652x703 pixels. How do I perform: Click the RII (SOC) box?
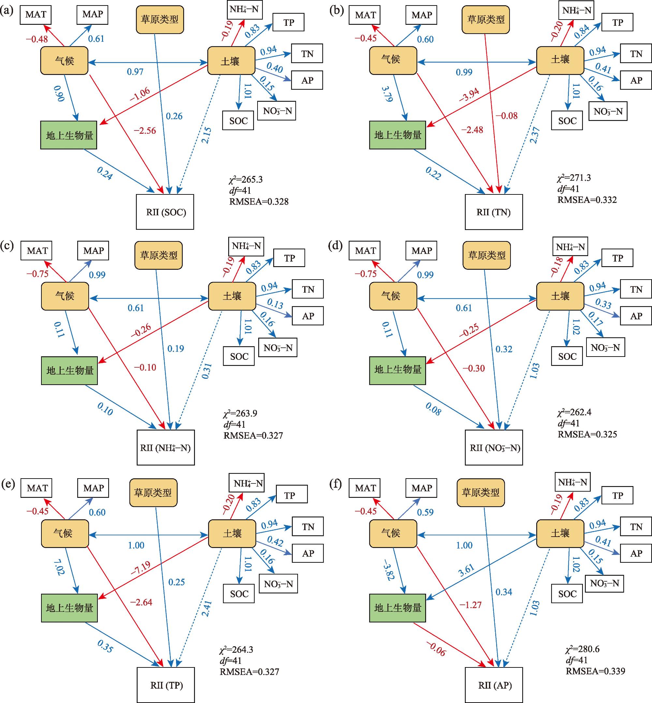point(165,212)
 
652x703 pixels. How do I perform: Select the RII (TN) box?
point(494,212)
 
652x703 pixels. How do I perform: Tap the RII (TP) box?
point(166,685)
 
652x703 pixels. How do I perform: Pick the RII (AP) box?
point(494,685)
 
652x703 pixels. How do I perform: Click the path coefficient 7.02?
point(59,567)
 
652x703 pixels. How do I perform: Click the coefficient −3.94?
point(469,95)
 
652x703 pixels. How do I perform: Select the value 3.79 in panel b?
point(387,94)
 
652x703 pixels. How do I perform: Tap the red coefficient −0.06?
point(436,649)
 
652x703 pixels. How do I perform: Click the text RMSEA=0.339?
point(596,671)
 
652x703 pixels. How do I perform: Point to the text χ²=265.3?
point(246,179)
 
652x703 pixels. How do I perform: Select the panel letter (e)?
point(8,484)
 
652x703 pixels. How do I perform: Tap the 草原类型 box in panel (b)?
point(486,20)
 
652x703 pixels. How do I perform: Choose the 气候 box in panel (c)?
point(65,296)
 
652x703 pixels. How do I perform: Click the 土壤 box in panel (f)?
point(560,533)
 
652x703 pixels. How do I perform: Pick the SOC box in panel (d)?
point(567,356)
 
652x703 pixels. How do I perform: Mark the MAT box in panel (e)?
point(37,488)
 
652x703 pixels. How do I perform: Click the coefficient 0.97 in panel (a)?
point(135,72)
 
